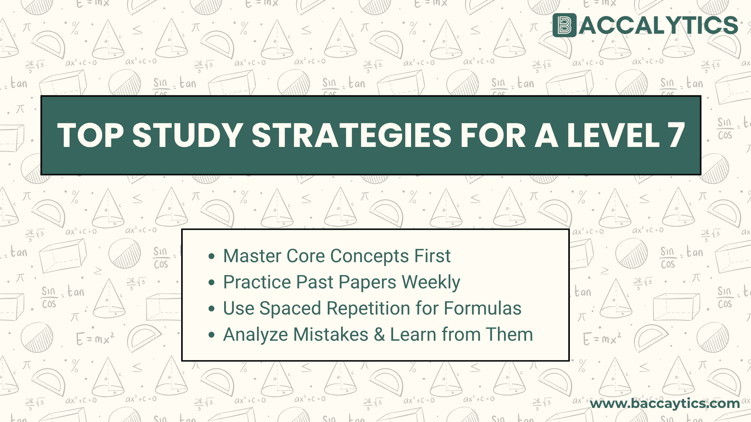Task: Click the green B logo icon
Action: point(564,25)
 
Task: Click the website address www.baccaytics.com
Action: point(665,403)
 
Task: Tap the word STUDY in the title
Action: point(187,135)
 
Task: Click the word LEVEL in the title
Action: point(613,135)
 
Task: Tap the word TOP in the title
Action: point(90,135)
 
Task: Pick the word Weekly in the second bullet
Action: point(431,282)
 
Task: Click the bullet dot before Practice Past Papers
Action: point(212,283)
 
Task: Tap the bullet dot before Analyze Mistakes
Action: point(212,335)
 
